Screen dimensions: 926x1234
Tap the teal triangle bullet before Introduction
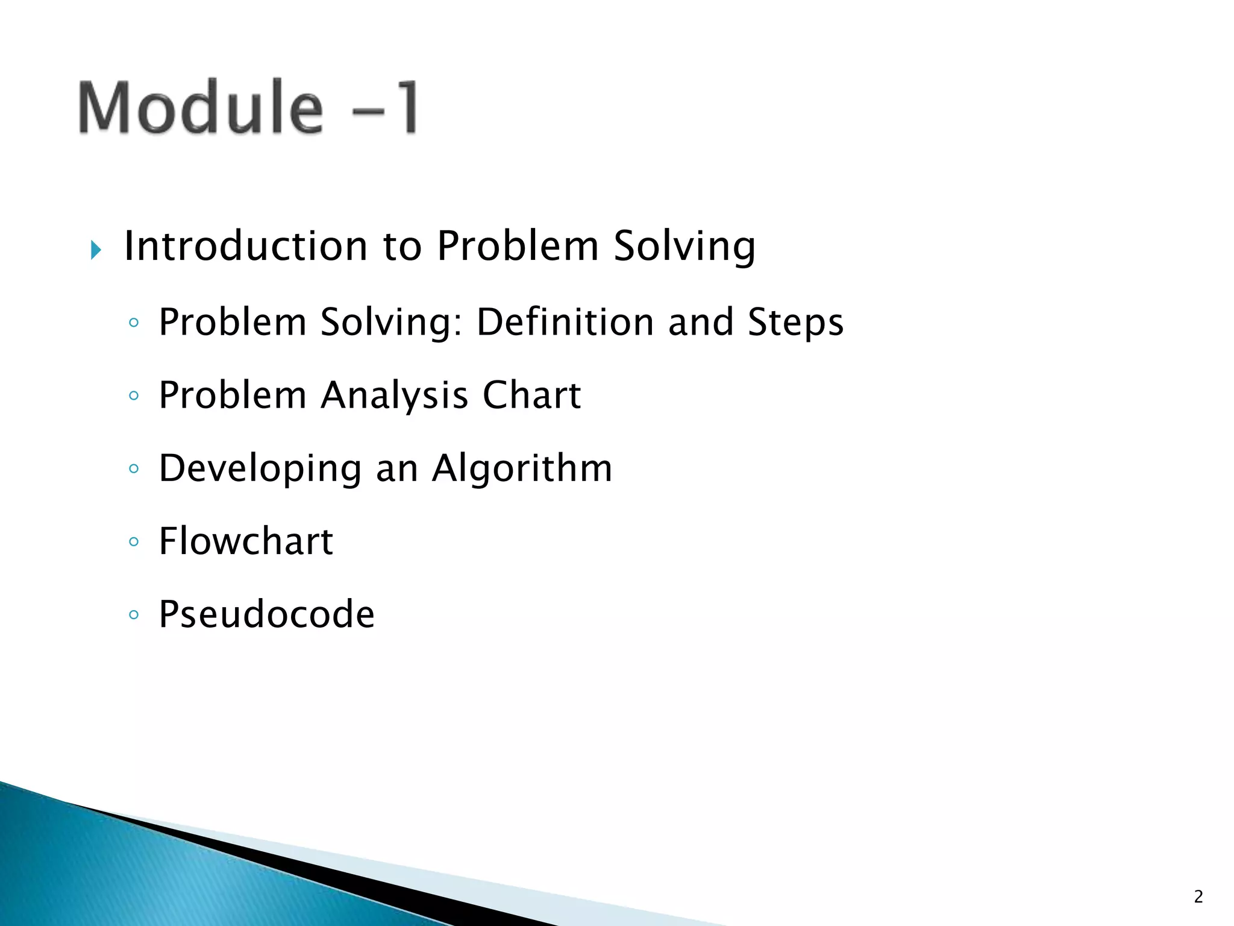point(96,250)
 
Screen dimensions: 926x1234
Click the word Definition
point(565,322)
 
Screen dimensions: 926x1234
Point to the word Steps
point(795,323)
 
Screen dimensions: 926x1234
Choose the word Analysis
point(394,396)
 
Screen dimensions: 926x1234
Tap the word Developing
point(260,469)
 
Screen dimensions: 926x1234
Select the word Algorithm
point(522,469)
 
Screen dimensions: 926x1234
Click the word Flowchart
point(246,541)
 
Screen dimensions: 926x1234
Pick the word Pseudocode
point(266,614)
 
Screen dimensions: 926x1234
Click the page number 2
point(1198,897)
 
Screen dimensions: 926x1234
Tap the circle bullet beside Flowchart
point(134,542)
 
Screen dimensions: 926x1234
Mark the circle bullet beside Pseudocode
point(134,615)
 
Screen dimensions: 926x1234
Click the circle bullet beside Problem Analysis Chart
point(134,396)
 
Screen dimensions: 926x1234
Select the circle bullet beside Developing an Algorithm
point(134,469)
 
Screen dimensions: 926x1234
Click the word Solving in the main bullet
point(684,247)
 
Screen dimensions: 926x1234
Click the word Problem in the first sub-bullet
point(233,322)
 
